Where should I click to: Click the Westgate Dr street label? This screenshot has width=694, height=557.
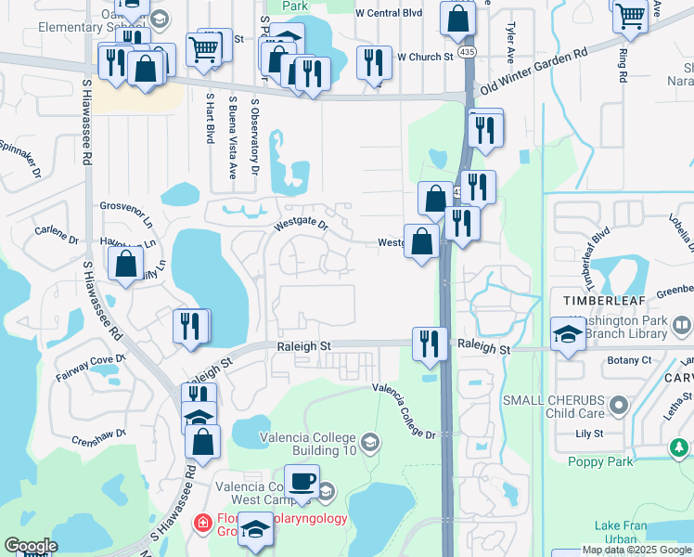coord(301,226)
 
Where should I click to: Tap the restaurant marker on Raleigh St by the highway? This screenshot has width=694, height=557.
coord(430,343)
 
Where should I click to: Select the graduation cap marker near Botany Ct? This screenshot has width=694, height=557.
coord(568,333)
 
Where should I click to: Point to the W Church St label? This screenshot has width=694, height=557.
coord(425,58)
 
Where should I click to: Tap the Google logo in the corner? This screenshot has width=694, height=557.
coord(31,545)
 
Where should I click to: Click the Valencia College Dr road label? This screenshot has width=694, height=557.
coord(404,411)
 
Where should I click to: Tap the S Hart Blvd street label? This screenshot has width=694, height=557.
coord(210,118)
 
